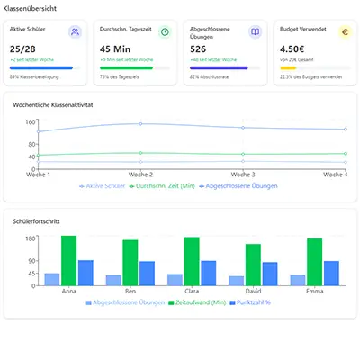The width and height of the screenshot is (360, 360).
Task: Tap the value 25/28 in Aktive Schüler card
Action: [23, 49]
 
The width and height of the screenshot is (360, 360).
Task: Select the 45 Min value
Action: [114, 49]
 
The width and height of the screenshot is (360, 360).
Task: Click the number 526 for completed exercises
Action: [199, 49]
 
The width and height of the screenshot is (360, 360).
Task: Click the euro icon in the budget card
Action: [344, 32]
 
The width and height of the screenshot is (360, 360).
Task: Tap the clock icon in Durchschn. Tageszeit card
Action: [165, 32]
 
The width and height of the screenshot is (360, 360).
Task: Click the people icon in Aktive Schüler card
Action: [75, 32]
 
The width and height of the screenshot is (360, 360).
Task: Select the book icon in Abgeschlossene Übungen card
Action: [255, 32]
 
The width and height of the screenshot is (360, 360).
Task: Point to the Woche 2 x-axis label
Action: [140, 175]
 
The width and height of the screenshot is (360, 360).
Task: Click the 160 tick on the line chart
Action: [30, 121]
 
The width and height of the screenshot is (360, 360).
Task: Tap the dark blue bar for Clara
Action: [183, 273]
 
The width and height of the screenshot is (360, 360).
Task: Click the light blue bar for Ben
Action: [113, 280]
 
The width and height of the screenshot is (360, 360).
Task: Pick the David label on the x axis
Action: [253, 292]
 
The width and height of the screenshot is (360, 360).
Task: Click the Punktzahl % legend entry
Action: [252, 303]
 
